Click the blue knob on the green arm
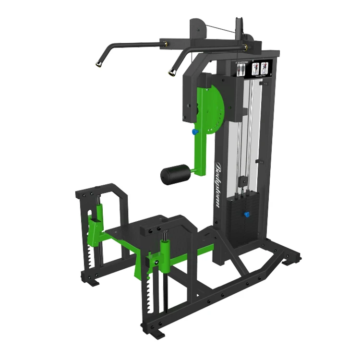pos(194,131)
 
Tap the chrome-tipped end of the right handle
pos(171,72)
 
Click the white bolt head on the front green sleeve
pos(157,262)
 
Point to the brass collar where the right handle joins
pos(245,47)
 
